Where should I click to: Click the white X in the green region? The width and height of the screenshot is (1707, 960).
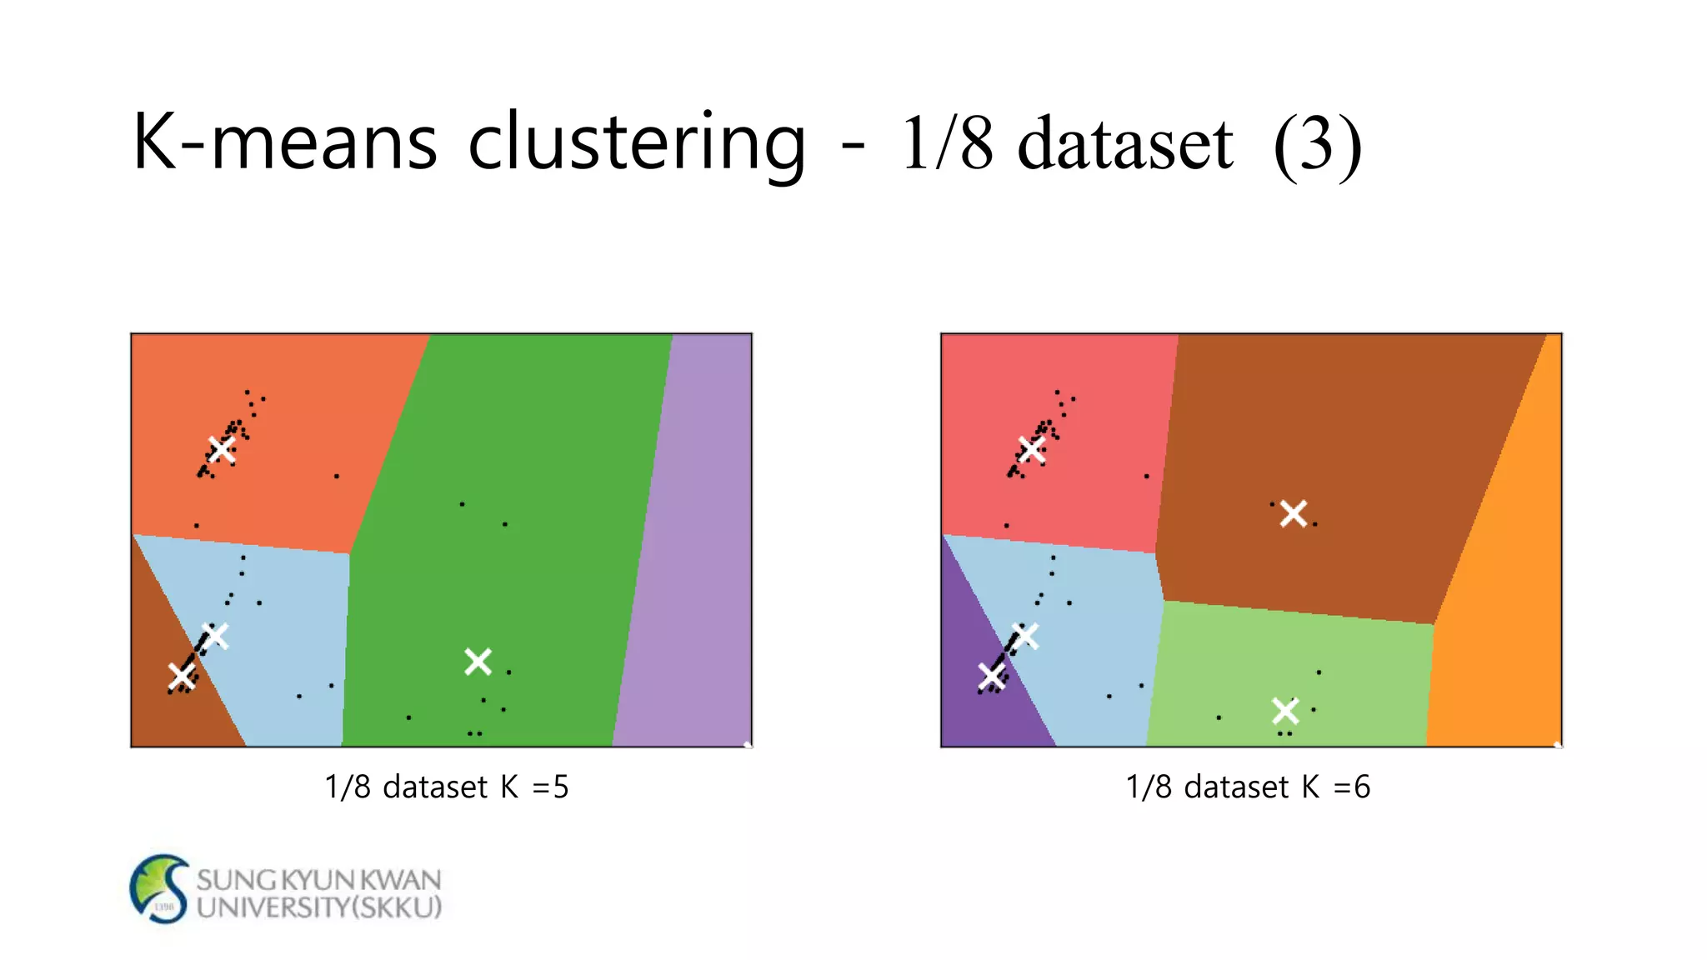coord(478,662)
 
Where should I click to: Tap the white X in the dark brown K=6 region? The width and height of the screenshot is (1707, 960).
coord(1293,513)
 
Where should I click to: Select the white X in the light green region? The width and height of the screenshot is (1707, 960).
coord(1285,711)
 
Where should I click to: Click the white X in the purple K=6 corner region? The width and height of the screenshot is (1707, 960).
coord(991,676)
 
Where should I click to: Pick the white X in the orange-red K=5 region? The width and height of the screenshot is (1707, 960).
coord(222,450)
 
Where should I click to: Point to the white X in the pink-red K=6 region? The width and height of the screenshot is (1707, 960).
coord(1032,450)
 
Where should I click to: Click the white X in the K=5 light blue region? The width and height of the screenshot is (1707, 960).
coord(214,636)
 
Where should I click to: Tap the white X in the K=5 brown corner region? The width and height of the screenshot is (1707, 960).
coord(181,676)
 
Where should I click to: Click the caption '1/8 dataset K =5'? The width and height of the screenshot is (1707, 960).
coord(446,787)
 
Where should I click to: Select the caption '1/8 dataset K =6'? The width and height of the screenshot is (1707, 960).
coord(1248,787)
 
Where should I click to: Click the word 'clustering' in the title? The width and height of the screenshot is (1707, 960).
coord(637,143)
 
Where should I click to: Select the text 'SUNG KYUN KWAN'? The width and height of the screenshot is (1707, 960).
coord(318,879)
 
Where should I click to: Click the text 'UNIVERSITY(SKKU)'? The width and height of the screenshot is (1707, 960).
coord(318,907)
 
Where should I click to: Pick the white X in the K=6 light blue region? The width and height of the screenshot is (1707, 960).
coord(1024,636)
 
